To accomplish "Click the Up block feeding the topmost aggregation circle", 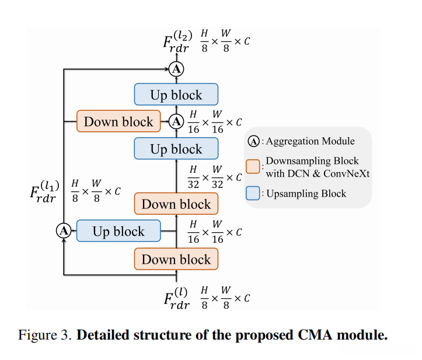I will pos(176,95).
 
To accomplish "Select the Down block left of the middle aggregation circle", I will pos(118,122).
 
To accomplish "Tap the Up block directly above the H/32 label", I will pos(176,149).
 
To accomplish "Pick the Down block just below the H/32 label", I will pos(176,204).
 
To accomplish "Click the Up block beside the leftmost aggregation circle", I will pos(118,232).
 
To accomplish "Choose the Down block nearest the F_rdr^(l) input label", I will pos(176,259).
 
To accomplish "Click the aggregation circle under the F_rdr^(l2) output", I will pos(176,69).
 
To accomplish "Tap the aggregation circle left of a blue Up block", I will pos(63,231).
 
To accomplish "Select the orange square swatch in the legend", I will pos(253,166).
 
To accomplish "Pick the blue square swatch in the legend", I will pos(253,194).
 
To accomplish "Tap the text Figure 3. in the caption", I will pos(46,335).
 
